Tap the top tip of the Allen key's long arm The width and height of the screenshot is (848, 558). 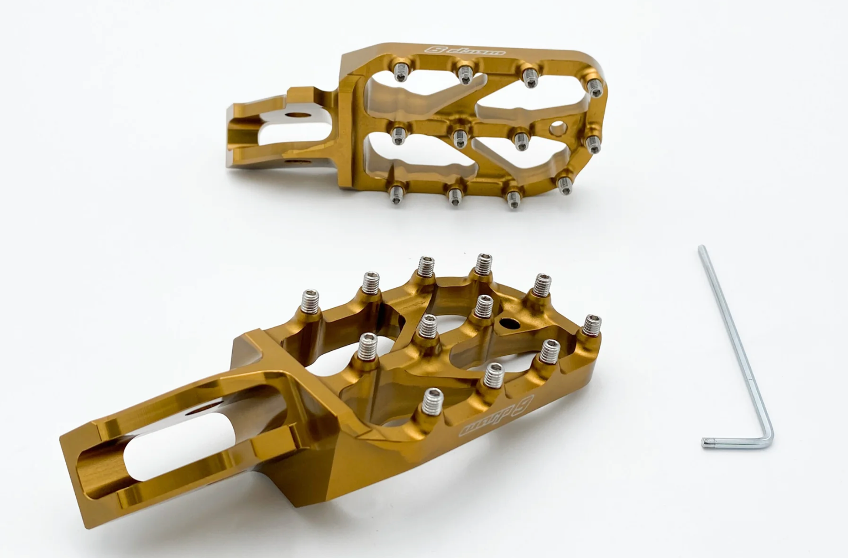coord(702,248)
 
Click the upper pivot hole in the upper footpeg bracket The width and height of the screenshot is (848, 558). coord(299,115)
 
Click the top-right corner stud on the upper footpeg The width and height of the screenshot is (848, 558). coord(594,87)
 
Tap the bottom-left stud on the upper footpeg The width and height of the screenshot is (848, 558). coord(396,194)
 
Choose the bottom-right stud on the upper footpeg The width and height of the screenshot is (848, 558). coord(564,185)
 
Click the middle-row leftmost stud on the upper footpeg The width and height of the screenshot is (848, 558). coord(398,133)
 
